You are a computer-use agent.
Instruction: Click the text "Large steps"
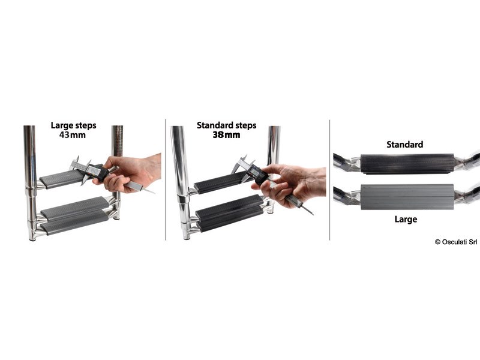(x=73, y=125)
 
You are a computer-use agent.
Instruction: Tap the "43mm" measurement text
(x=73, y=135)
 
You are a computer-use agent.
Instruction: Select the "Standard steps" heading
(x=227, y=125)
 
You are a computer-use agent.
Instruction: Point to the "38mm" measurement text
(x=227, y=135)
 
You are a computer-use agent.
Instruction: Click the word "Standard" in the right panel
(x=404, y=145)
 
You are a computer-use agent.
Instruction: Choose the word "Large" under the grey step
(x=406, y=219)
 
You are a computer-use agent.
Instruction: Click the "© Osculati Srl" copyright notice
(x=456, y=242)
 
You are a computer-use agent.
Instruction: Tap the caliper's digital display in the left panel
(x=95, y=171)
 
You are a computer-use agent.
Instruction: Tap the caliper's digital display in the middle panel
(x=254, y=172)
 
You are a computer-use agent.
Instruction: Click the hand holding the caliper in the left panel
(x=131, y=172)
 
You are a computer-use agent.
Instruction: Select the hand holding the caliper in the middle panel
(x=291, y=184)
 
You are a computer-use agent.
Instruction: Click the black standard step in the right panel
(x=407, y=164)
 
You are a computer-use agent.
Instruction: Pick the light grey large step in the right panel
(x=407, y=197)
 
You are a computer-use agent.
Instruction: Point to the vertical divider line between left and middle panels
(x=166, y=179)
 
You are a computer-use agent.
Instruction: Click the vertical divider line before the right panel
(x=329, y=179)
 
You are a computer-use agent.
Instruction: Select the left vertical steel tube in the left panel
(x=31, y=183)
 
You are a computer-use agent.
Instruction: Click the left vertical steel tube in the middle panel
(x=181, y=183)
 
